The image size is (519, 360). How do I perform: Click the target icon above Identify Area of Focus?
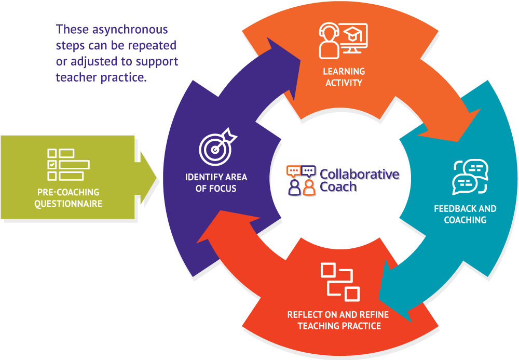(217, 147)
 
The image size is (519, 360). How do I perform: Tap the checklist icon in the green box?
(69, 164)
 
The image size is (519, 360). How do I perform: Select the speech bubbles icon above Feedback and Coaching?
(470, 177)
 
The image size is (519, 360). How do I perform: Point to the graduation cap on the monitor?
(353, 34)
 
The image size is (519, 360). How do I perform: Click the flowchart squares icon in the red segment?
(340, 282)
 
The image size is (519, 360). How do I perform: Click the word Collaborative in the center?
(360, 174)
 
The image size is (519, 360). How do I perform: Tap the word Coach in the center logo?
(338, 187)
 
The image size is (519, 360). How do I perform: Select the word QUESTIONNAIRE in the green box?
(68, 204)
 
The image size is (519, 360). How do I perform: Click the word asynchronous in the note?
(130, 30)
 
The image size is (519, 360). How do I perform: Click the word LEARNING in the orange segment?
(344, 72)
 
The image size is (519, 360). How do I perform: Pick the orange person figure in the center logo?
(309, 188)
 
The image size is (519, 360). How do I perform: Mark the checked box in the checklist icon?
(52, 165)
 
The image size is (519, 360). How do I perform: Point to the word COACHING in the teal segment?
(465, 220)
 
